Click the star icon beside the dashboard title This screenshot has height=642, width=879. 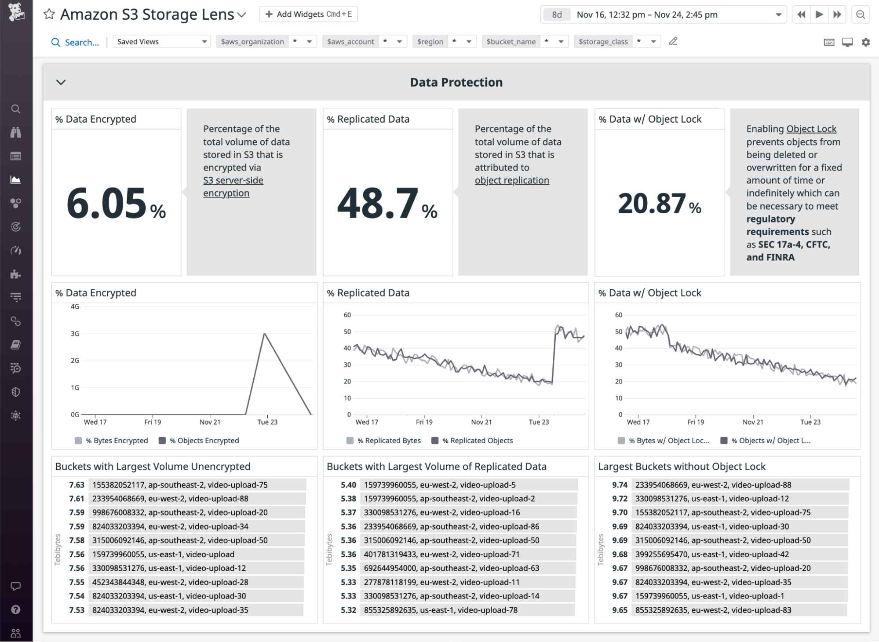click(x=49, y=14)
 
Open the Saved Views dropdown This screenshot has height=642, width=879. click(x=161, y=42)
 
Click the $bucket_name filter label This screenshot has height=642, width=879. click(x=511, y=42)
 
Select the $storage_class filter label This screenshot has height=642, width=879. click(x=603, y=42)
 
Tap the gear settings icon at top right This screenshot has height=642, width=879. click(x=866, y=42)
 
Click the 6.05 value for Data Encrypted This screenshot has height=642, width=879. click(x=107, y=204)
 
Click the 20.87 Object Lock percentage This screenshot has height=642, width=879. click(x=652, y=204)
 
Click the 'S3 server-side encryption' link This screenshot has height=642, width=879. click(x=233, y=186)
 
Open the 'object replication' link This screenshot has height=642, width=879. click(x=512, y=180)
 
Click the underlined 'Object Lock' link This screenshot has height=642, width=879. click(x=811, y=129)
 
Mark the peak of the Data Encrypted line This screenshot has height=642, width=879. click(x=264, y=334)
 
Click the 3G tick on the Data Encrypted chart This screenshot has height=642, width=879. click(x=75, y=334)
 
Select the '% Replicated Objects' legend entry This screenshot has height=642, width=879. click(x=477, y=441)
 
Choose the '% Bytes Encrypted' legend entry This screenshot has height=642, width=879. click(x=117, y=441)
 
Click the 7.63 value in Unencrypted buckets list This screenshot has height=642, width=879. click(x=77, y=485)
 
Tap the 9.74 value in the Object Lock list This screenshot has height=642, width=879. click(x=620, y=485)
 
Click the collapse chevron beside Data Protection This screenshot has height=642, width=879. click(x=61, y=82)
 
